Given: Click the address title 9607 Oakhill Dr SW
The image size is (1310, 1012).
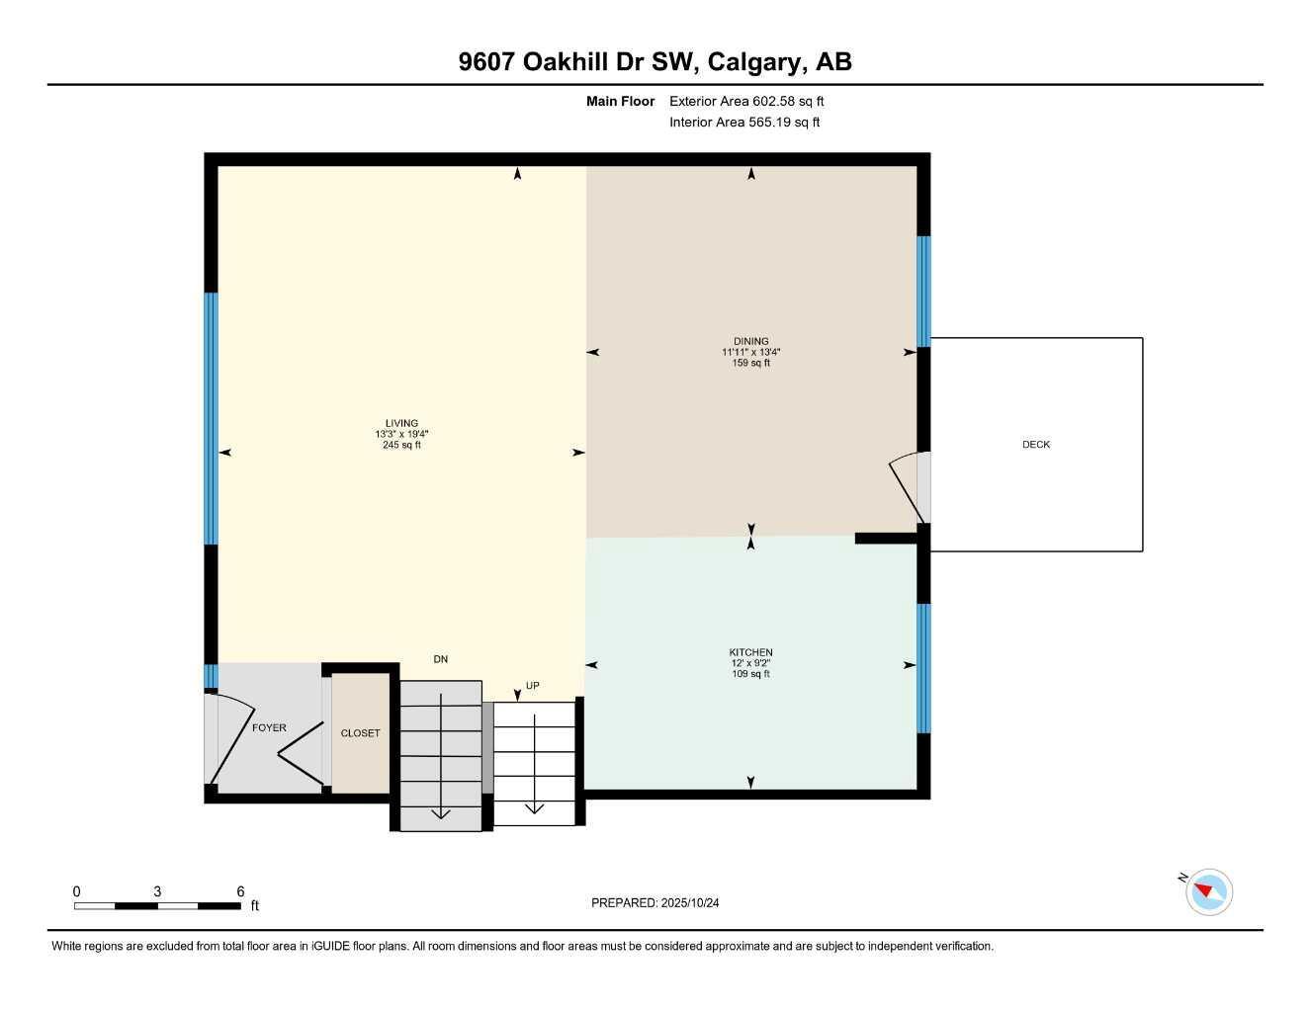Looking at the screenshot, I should pos(655,62).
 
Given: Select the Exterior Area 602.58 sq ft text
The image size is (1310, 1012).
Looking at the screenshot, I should pos(745,101).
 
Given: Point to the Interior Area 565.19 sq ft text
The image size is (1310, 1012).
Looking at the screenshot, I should pos(743,123).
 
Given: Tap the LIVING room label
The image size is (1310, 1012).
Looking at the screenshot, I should pos(401,423).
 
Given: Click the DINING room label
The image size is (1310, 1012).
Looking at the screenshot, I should pos(750,341).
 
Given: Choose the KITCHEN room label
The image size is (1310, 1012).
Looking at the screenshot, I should pos(750,652).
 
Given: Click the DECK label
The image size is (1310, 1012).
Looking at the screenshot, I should pos(1035,445).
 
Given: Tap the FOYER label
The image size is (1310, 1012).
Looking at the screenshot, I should pos(269,727).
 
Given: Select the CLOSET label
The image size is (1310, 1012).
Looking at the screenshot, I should pos(360,733).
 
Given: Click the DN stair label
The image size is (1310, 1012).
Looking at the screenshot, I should pos(441,659).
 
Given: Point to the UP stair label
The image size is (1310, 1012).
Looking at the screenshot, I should pos(533,685).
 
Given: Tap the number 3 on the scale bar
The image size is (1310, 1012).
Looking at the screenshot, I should pos(157,891).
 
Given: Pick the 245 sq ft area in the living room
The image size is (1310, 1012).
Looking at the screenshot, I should pos(401,445).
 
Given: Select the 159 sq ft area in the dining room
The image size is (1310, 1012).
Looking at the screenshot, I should pos(750,363).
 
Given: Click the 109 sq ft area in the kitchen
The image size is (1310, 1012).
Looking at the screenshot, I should pos(750,674).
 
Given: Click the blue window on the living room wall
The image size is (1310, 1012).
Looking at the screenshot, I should pos(211,418).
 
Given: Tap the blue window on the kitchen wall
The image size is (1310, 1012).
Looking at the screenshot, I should pos(923,668).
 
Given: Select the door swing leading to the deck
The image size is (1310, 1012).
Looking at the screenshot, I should pos(908,484).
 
